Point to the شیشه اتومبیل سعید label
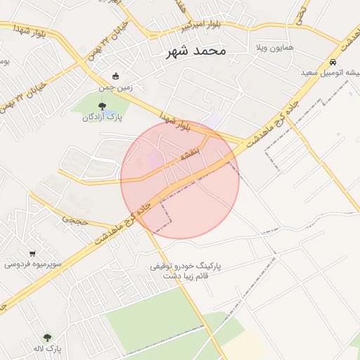click(x=330, y=72)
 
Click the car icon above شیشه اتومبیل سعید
click(x=332, y=62)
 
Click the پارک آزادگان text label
click(x=103, y=117)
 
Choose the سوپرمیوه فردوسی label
click(x=33, y=264)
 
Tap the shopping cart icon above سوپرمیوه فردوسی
click(x=33, y=253)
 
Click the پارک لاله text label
click(x=47, y=349)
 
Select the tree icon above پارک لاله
click(x=47, y=337)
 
